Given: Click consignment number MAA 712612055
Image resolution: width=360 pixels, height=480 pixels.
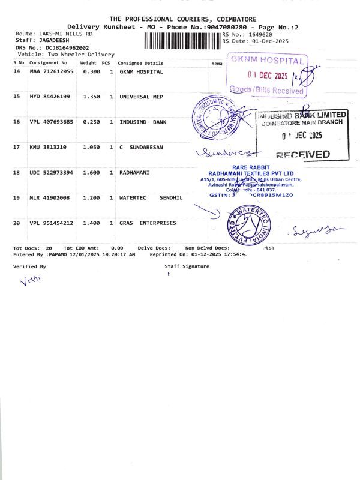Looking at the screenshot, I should pos(51,71).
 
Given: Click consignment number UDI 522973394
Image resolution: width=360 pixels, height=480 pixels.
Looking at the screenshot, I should pos(51,172).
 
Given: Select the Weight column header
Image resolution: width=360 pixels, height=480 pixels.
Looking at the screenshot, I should pos(88,63).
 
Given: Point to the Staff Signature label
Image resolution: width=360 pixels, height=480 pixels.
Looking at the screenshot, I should pos(187,266).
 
